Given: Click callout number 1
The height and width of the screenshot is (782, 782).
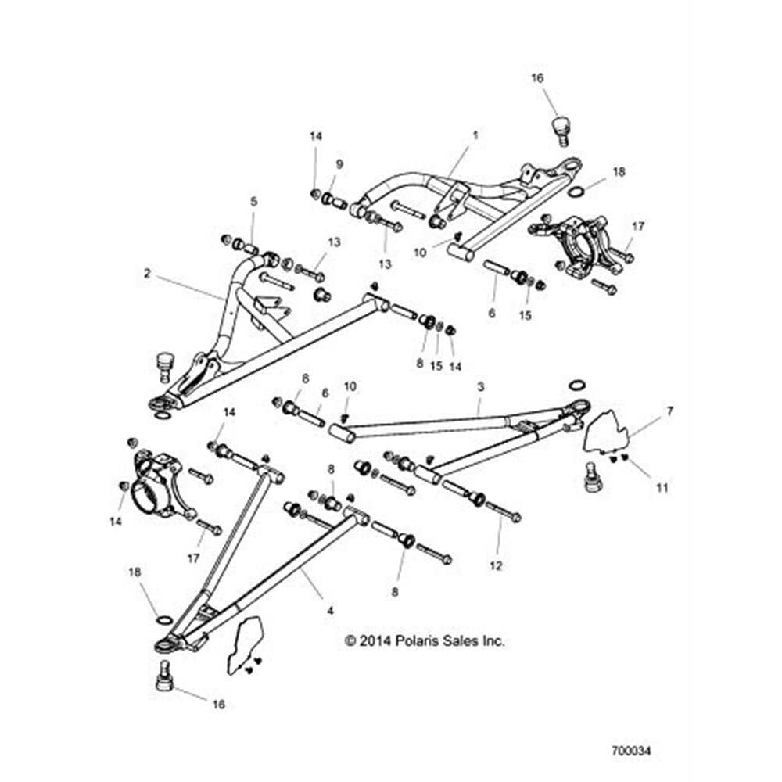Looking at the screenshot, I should pos(474,135).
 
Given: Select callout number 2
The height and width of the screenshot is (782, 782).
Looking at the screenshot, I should pos(146,274).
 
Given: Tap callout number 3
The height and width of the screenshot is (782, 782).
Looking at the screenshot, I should pos(480,386).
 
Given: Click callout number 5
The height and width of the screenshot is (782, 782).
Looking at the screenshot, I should pos(253,201).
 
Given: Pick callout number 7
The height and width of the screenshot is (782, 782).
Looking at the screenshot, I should pos(669,410).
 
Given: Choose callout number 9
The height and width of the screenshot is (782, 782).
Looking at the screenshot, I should pos(339,164).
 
